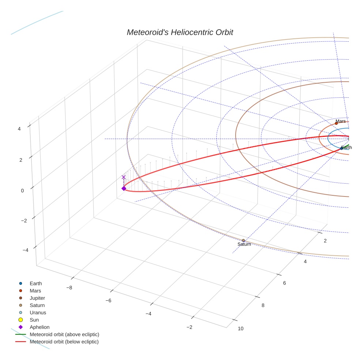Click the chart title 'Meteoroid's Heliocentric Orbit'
(180, 33)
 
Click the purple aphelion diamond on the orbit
(124, 188)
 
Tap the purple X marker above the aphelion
(124, 177)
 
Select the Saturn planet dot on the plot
(243, 240)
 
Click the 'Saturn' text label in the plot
(244, 244)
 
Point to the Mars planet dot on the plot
(336, 123)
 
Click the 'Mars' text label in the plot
(340, 121)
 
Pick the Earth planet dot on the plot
(341, 148)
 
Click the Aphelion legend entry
(39, 327)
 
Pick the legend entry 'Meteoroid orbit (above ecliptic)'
(64, 334)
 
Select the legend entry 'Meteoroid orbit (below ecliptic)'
(64, 342)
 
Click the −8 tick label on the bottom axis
(69, 288)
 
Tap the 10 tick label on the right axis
(240, 329)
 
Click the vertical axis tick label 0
(22, 191)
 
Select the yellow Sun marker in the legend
(21, 320)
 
